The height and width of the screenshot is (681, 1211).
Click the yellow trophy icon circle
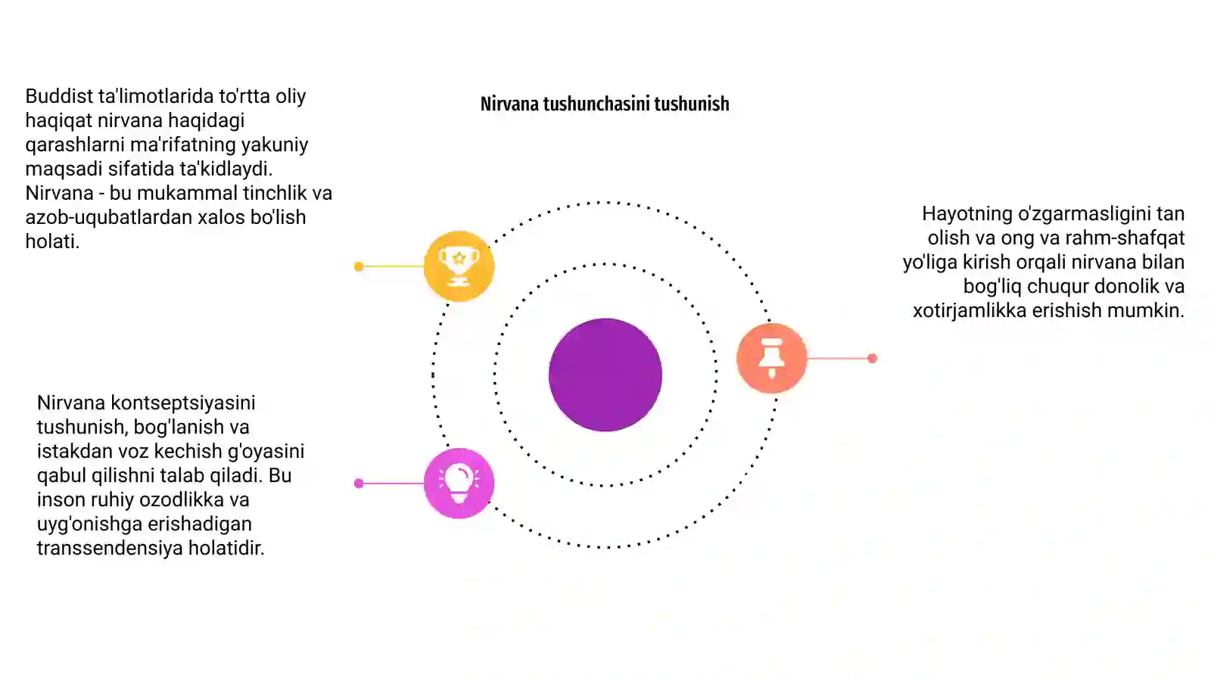(459, 266)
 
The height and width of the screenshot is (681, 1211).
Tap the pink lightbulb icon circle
(459, 484)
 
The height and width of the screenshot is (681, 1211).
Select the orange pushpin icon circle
(771, 359)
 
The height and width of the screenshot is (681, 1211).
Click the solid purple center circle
(605, 375)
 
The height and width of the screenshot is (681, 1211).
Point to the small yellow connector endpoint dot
(359, 266)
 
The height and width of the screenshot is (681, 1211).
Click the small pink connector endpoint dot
(359, 484)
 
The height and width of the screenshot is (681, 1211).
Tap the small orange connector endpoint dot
(872, 359)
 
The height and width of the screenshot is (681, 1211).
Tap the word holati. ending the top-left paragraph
(52, 241)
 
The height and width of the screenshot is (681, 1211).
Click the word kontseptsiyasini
(182, 403)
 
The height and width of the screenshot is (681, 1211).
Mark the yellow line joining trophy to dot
(394, 266)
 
